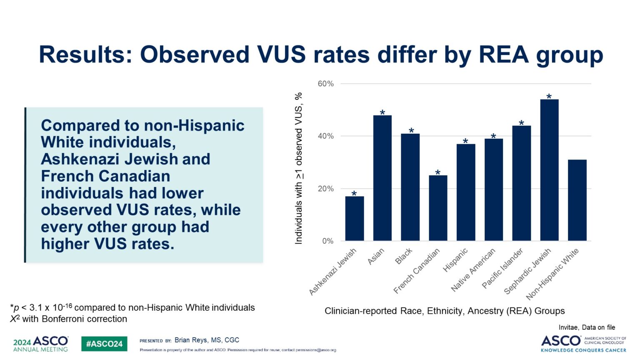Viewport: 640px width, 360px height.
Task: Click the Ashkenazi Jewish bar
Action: pyautogui.click(x=354, y=219)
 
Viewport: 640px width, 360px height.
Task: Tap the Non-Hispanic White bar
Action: pyautogui.click(x=577, y=200)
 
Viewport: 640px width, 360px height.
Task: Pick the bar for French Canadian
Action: pyautogui.click(x=438, y=208)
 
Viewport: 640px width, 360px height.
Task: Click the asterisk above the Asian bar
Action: pyautogui.click(x=382, y=113)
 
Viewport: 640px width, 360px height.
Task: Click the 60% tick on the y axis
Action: pyautogui.click(x=326, y=84)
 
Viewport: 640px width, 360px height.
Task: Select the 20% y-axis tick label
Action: pyautogui.click(x=326, y=189)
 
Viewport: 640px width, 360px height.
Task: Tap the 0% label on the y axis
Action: pyautogui.click(x=328, y=241)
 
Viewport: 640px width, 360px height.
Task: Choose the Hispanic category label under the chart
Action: pyautogui.click(x=455, y=260)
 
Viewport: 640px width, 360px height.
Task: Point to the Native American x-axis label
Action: pyautogui.click(x=474, y=270)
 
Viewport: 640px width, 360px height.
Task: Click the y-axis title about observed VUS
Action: pyautogui.click(x=299, y=168)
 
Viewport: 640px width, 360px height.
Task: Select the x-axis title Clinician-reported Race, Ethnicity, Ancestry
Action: pyautogui.click(x=445, y=311)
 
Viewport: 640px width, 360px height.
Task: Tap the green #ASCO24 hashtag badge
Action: pyautogui.click(x=104, y=344)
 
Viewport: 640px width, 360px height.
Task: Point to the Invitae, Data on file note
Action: pyautogui.click(x=587, y=327)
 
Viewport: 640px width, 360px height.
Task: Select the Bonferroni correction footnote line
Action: pyautogui.click(x=69, y=319)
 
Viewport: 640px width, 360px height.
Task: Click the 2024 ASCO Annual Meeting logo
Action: pyautogui.click(x=40, y=344)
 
